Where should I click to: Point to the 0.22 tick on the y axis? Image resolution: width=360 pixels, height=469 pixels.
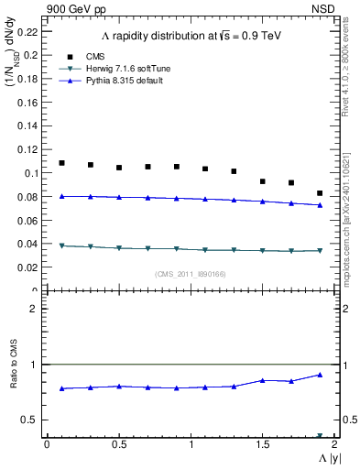tap(27, 30)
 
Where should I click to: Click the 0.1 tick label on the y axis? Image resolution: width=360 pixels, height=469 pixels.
tap(31, 172)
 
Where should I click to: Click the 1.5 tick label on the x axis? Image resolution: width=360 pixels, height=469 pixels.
tap(262, 444)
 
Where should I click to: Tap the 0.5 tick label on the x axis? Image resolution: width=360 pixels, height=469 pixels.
tap(118, 444)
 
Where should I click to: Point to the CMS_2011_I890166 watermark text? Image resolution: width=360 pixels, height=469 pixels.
tap(190, 274)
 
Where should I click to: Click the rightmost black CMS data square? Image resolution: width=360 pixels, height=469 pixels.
tap(320, 193)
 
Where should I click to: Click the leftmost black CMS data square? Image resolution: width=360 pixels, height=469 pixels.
tap(61, 163)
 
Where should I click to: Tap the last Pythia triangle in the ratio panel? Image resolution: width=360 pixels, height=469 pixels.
tap(320, 375)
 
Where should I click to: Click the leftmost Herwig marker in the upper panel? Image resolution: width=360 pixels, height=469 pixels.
tap(61, 245)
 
